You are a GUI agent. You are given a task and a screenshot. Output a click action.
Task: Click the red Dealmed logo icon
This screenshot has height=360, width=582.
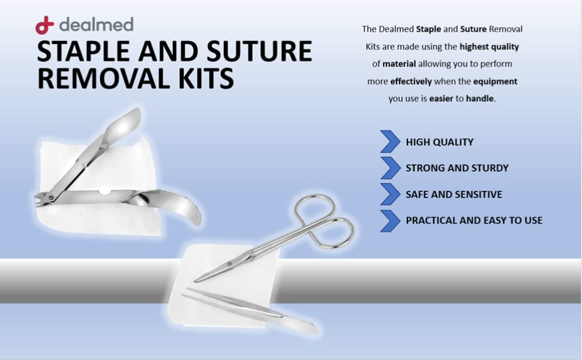click(44, 25)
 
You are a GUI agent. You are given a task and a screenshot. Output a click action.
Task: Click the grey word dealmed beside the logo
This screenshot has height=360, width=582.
click(96, 25)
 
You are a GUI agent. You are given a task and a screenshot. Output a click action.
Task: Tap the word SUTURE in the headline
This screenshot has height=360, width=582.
click(259, 51)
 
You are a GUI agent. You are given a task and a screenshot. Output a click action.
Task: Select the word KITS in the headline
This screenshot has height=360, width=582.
click(203, 79)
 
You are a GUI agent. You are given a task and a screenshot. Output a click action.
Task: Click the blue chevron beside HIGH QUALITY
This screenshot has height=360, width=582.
click(390, 142)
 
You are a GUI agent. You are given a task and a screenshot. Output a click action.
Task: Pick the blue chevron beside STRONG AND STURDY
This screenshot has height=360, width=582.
click(390, 168)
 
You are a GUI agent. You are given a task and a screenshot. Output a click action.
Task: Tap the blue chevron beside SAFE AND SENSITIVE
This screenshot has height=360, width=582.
click(390, 194)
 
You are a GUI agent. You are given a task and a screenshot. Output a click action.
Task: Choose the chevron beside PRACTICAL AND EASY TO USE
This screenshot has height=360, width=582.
click(390, 220)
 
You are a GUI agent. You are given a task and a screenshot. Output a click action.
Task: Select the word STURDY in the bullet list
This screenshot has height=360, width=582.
click(491, 168)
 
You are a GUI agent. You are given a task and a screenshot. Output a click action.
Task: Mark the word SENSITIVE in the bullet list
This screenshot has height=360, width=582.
click(480, 194)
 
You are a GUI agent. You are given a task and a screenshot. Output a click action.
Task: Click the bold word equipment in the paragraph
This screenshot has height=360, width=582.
click(495, 81)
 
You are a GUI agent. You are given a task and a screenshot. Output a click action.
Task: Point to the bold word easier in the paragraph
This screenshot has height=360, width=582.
click(442, 98)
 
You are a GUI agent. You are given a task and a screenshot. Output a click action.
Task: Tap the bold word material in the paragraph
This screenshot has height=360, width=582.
click(399, 64)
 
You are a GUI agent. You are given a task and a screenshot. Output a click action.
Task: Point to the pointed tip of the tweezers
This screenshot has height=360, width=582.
click(184, 295)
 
